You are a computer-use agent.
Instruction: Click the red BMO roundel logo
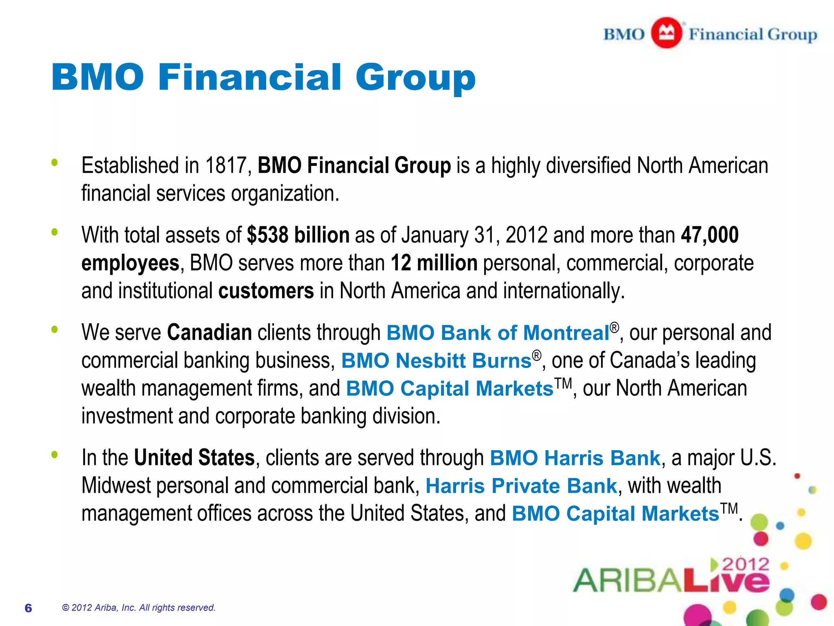coord(666,33)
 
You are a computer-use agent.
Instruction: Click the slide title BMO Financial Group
coord(263,77)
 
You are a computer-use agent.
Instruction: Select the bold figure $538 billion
coord(298,235)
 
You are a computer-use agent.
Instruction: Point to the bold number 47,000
coord(710,235)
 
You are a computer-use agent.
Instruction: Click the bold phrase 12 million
coord(434,263)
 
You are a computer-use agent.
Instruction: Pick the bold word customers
coord(266,291)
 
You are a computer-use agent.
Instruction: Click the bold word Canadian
coord(209,333)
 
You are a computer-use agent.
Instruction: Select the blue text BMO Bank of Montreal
coord(498,333)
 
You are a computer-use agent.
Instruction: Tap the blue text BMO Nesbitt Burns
coord(436,361)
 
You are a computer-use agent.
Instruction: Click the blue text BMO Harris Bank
coord(575,458)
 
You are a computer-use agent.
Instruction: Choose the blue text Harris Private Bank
coord(521,486)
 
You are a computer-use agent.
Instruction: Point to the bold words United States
coord(194,458)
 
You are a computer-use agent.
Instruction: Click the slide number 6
coord(28,608)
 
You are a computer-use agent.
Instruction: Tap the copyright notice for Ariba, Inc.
coord(138,608)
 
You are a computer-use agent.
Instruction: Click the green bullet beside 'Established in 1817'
coord(55,163)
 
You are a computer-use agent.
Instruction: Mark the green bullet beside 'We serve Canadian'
coord(55,329)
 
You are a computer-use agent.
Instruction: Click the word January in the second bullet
coord(435,235)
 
